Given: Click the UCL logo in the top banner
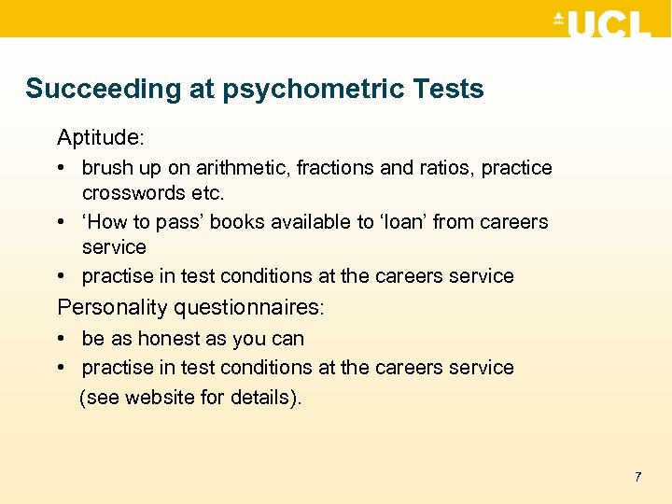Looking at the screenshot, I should coord(602,24).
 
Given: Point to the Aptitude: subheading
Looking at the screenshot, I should coord(101,138).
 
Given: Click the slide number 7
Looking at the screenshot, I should coord(637,477).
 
